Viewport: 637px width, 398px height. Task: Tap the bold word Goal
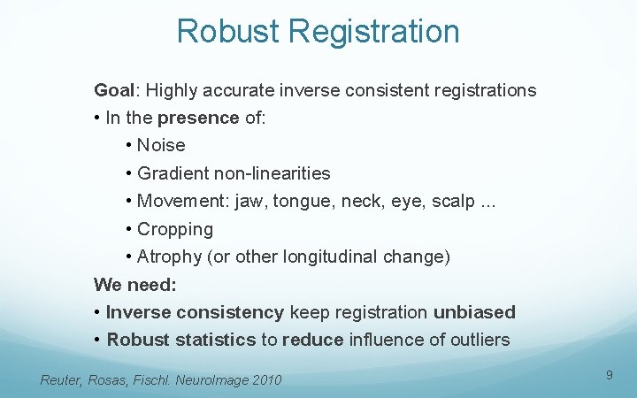coord(114,90)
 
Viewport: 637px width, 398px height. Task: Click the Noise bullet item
coord(161,145)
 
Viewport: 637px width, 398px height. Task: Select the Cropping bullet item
coord(175,229)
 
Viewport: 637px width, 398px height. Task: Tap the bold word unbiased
coord(474,312)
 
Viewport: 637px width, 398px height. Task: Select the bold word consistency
coord(230,312)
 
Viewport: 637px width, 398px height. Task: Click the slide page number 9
coord(610,376)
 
